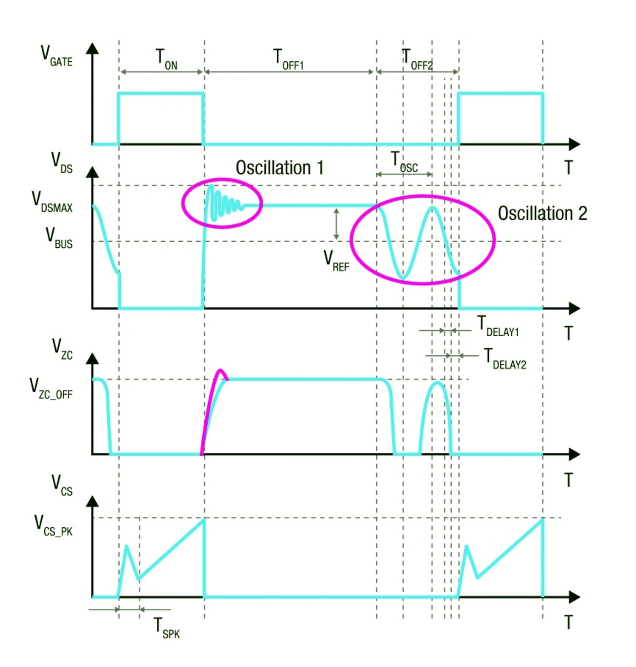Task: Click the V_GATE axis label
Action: click(x=56, y=56)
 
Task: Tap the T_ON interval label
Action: click(x=166, y=59)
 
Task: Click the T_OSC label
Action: click(x=404, y=162)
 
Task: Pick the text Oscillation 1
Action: click(x=279, y=168)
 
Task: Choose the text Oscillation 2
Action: click(x=542, y=213)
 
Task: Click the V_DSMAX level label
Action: click(x=52, y=201)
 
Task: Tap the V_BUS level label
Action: click(x=59, y=238)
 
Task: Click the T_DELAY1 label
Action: click(x=498, y=327)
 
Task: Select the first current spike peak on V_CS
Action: click(x=127, y=546)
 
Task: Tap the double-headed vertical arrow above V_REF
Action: click(x=336, y=224)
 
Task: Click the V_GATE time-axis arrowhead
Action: click(x=574, y=144)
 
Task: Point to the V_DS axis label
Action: click(x=62, y=163)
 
